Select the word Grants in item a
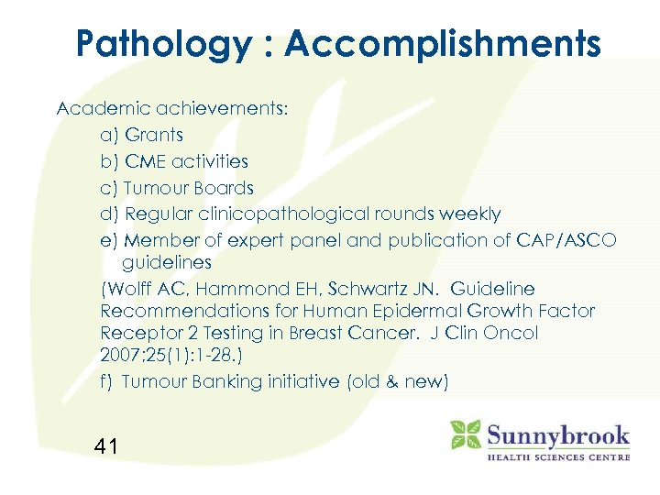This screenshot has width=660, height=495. click(x=154, y=136)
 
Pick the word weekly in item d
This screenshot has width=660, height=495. click(x=470, y=214)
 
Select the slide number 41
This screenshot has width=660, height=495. click(x=105, y=447)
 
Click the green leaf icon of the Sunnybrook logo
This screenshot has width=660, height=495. click(x=465, y=434)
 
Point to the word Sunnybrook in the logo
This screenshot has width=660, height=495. click(x=557, y=434)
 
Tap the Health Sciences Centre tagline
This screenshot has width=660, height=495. click(x=557, y=456)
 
